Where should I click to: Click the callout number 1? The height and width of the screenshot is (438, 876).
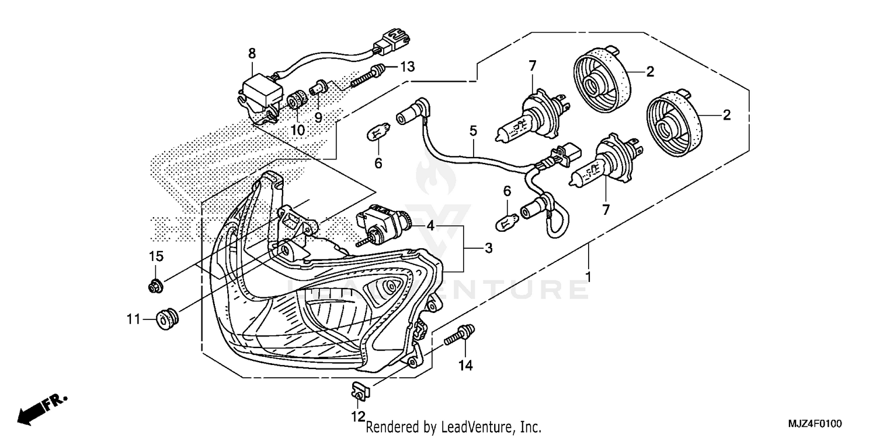click(589, 276)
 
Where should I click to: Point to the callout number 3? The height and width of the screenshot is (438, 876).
click(488, 248)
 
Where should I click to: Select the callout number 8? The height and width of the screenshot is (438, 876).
click(252, 54)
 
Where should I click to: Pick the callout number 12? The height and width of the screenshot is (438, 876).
click(357, 416)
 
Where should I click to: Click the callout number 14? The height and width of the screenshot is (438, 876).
click(465, 366)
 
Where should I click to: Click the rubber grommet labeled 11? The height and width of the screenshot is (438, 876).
click(168, 319)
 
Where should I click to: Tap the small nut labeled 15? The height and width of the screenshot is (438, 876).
click(155, 286)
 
